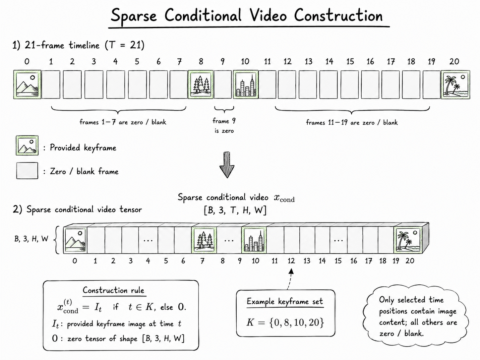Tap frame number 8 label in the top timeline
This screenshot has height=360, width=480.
click(201, 62)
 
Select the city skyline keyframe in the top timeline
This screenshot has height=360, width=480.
click(246, 85)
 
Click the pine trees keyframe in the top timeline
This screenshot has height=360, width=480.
click(201, 85)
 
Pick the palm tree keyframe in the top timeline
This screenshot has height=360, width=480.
click(455, 85)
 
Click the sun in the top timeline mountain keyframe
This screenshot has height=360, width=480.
click(32, 77)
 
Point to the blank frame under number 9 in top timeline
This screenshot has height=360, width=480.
click(223, 85)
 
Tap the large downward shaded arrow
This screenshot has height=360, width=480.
click(227, 165)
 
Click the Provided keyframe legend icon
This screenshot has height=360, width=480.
click(27, 146)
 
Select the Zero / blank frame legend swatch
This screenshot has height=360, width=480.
click(27, 171)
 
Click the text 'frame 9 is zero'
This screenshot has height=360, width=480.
click(224, 126)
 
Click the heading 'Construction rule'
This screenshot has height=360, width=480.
click(113, 290)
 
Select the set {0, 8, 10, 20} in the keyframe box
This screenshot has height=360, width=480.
click(297, 323)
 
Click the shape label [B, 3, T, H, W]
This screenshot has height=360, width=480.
click(235, 210)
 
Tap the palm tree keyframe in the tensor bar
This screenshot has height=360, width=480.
click(408, 240)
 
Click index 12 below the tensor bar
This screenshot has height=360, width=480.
click(291, 261)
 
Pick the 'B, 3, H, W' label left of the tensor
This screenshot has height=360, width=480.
click(31, 239)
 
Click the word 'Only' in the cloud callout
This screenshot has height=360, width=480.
click(387, 300)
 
